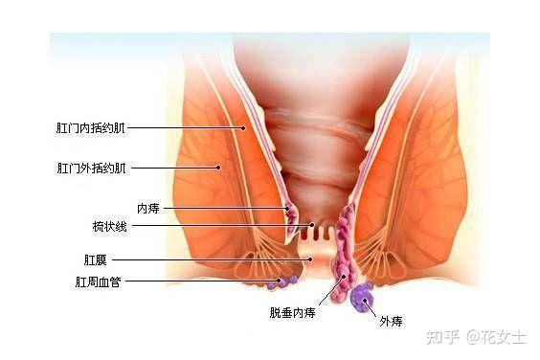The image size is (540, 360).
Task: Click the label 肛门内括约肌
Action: (x=91, y=126)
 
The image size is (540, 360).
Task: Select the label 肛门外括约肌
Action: (x=91, y=168)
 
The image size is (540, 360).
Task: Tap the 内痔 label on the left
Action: (x=147, y=208)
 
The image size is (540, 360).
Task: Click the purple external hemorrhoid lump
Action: (x=361, y=299)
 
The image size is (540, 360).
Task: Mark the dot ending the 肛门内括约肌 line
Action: (x=243, y=126)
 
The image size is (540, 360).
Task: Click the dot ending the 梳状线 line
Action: (x=311, y=227)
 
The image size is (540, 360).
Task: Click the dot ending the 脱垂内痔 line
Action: (x=345, y=277)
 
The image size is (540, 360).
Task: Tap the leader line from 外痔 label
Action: (x=371, y=308)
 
